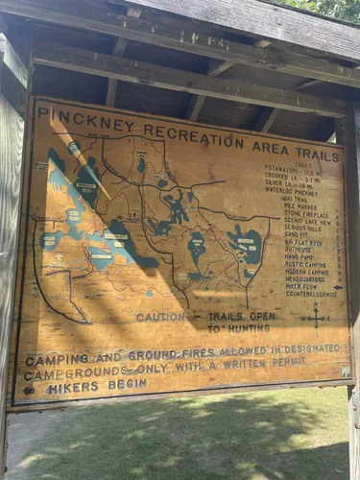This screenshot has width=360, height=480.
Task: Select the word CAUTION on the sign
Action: coord(160,317)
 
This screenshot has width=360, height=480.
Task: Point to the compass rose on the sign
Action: coord(316,318)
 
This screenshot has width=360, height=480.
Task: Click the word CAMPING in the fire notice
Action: coord(58,360)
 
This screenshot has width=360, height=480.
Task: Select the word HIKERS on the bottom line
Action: coord(71,388)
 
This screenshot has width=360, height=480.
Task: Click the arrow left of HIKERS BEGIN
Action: coord(29,390)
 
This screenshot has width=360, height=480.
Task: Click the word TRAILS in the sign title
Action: coord(319,148)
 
